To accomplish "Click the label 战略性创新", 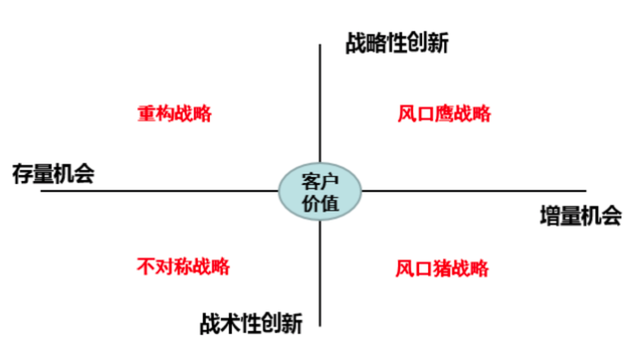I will coord(396,43).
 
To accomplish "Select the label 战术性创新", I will coord(251,324).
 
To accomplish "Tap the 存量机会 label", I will coord(53,174).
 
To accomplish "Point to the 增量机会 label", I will coord(581,216).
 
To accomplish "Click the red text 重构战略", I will coord(175,114).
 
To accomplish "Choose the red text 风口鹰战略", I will coord(444,114).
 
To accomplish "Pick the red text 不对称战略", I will coord(183,266).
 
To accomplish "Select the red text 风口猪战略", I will coord(442,268).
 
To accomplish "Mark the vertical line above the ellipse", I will coord(319,101).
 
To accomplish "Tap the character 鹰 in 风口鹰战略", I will coord(444,114).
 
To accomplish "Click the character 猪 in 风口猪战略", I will coord(442,268).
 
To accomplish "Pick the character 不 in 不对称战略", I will coord(146,266).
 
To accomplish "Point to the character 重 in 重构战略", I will coord(146,114).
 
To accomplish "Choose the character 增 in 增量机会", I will coord(550,216).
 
